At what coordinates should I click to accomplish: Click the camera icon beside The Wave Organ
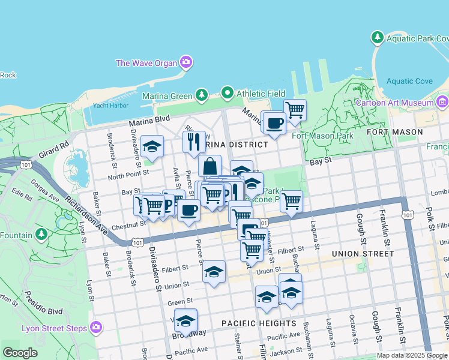[x=186, y=62]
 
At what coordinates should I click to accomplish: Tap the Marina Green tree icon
[x=202, y=95]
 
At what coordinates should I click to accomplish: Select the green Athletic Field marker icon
[x=227, y=93]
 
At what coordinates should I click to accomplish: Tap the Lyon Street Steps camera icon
[x=95, y=328]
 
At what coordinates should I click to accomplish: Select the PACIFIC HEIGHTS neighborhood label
[x=259, y=323]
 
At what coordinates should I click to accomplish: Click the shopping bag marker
[x=210, y=166]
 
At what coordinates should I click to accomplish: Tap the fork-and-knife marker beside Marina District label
[x=194, y=142]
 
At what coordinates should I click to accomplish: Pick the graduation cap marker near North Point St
[x=152, y=146]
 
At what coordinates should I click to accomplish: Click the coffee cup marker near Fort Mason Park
[x=274, y=123]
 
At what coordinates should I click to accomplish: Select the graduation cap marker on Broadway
[x=186, y=320]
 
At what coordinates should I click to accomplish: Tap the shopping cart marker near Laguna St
[x=291, y=202]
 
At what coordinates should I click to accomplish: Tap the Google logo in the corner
[x=20, y=353]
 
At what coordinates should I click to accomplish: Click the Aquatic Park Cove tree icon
[x=378, y=38]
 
